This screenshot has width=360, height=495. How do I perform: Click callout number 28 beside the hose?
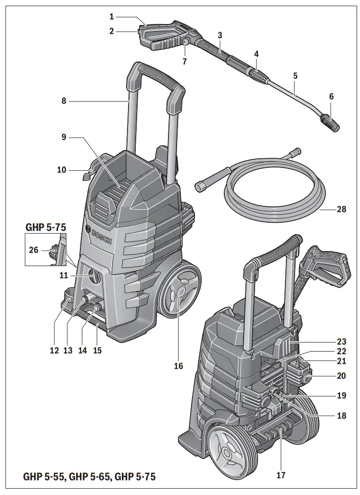(341, 210)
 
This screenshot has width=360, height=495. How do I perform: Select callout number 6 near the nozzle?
(331, 96)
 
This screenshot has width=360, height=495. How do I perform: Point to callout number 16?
(179, 366)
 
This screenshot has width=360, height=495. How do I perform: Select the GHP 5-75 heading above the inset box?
(45, 227)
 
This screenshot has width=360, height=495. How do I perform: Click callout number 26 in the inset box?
(33, 250)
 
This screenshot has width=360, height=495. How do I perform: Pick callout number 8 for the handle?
(64, 101)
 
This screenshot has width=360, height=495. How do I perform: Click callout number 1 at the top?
(112, 16)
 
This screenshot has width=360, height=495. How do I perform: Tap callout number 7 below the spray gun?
(185, 61)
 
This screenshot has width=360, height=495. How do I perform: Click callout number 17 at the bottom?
(281, 475)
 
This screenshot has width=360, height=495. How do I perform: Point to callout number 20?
(341, 376)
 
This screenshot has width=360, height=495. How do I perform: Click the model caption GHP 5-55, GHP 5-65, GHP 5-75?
(90, 477)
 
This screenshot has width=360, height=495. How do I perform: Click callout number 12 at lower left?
(53, 351)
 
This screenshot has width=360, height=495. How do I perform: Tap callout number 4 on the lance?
(257, 54)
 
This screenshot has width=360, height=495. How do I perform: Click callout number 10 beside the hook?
(62, 170)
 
